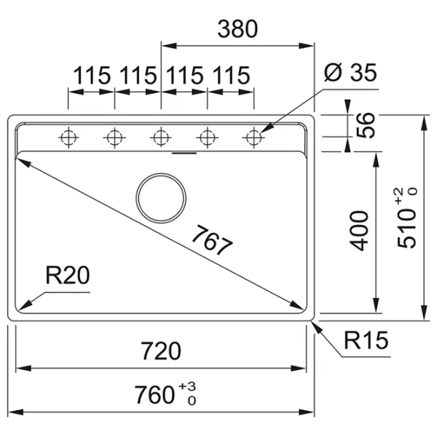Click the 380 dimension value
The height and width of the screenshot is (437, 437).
click(237, 29)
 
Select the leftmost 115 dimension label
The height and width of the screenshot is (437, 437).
click(92, 75)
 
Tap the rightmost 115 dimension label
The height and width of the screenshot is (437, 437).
click(232, 75)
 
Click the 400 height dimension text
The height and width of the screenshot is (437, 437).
click(360, 230)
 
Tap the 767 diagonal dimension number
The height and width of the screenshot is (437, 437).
click(213, 240)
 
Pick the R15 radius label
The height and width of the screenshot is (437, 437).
click(366, 340)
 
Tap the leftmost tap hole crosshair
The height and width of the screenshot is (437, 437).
click(68, 136)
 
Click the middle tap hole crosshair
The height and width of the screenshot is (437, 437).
click(161, 136)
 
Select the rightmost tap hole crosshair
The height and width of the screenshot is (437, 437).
click(253, 136)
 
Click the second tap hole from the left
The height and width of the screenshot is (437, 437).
click(114, 136)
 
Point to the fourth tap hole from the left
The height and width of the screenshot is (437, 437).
click(208, 136)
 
